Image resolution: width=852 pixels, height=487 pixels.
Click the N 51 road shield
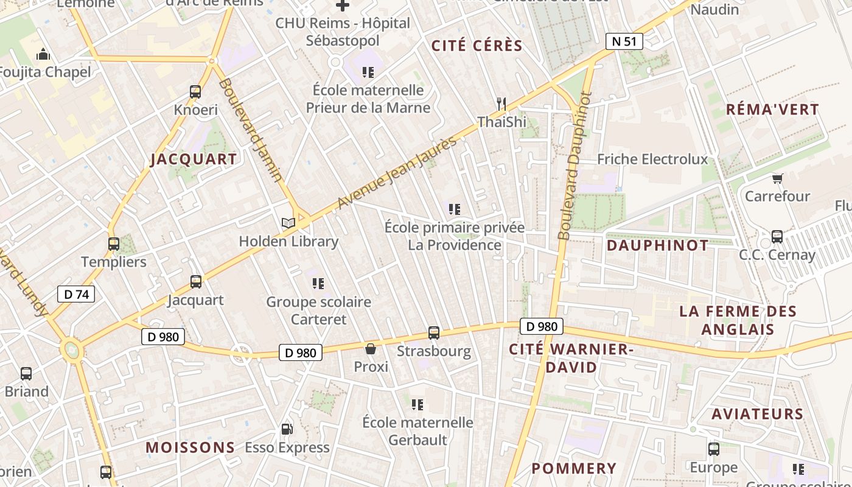(x=624, y=41)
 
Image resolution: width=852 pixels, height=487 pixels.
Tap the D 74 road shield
(x=76, y=294)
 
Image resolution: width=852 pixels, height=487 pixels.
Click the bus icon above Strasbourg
(x=434, y=333)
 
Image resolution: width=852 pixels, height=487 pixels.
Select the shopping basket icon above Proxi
(x=370, y=349)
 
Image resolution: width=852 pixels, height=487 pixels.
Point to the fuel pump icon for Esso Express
(x=287, y=429)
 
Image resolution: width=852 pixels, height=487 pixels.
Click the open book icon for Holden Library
(x=288, y=223)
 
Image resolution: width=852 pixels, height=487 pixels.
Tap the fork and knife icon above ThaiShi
(x=501, y=104)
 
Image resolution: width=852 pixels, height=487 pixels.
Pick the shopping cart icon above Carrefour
(x=777, y=178)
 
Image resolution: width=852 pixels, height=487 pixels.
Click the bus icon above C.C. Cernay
(x=777, y=237)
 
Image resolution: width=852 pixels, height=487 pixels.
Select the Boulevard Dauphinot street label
(x=574, y=166)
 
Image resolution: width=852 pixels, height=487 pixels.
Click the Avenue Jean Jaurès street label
(x=396, y=173)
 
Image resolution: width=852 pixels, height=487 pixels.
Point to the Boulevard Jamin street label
(x=250, y=129)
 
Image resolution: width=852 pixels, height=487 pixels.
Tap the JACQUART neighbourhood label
(x=194, y=159)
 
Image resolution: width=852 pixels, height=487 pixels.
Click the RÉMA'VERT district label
(x=773, y=110)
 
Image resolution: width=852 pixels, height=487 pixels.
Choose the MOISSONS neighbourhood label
(x=190, y=447)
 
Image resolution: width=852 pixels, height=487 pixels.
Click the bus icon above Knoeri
(x=195, y=92)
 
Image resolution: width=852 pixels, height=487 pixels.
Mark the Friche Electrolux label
(x=652, y=159)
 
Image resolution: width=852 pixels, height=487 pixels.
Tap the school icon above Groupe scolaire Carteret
(x=318, y=284)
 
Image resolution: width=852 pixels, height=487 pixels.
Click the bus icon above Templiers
(x=114, y=244)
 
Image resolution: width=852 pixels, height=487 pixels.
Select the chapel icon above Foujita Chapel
(x=43, y=55)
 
